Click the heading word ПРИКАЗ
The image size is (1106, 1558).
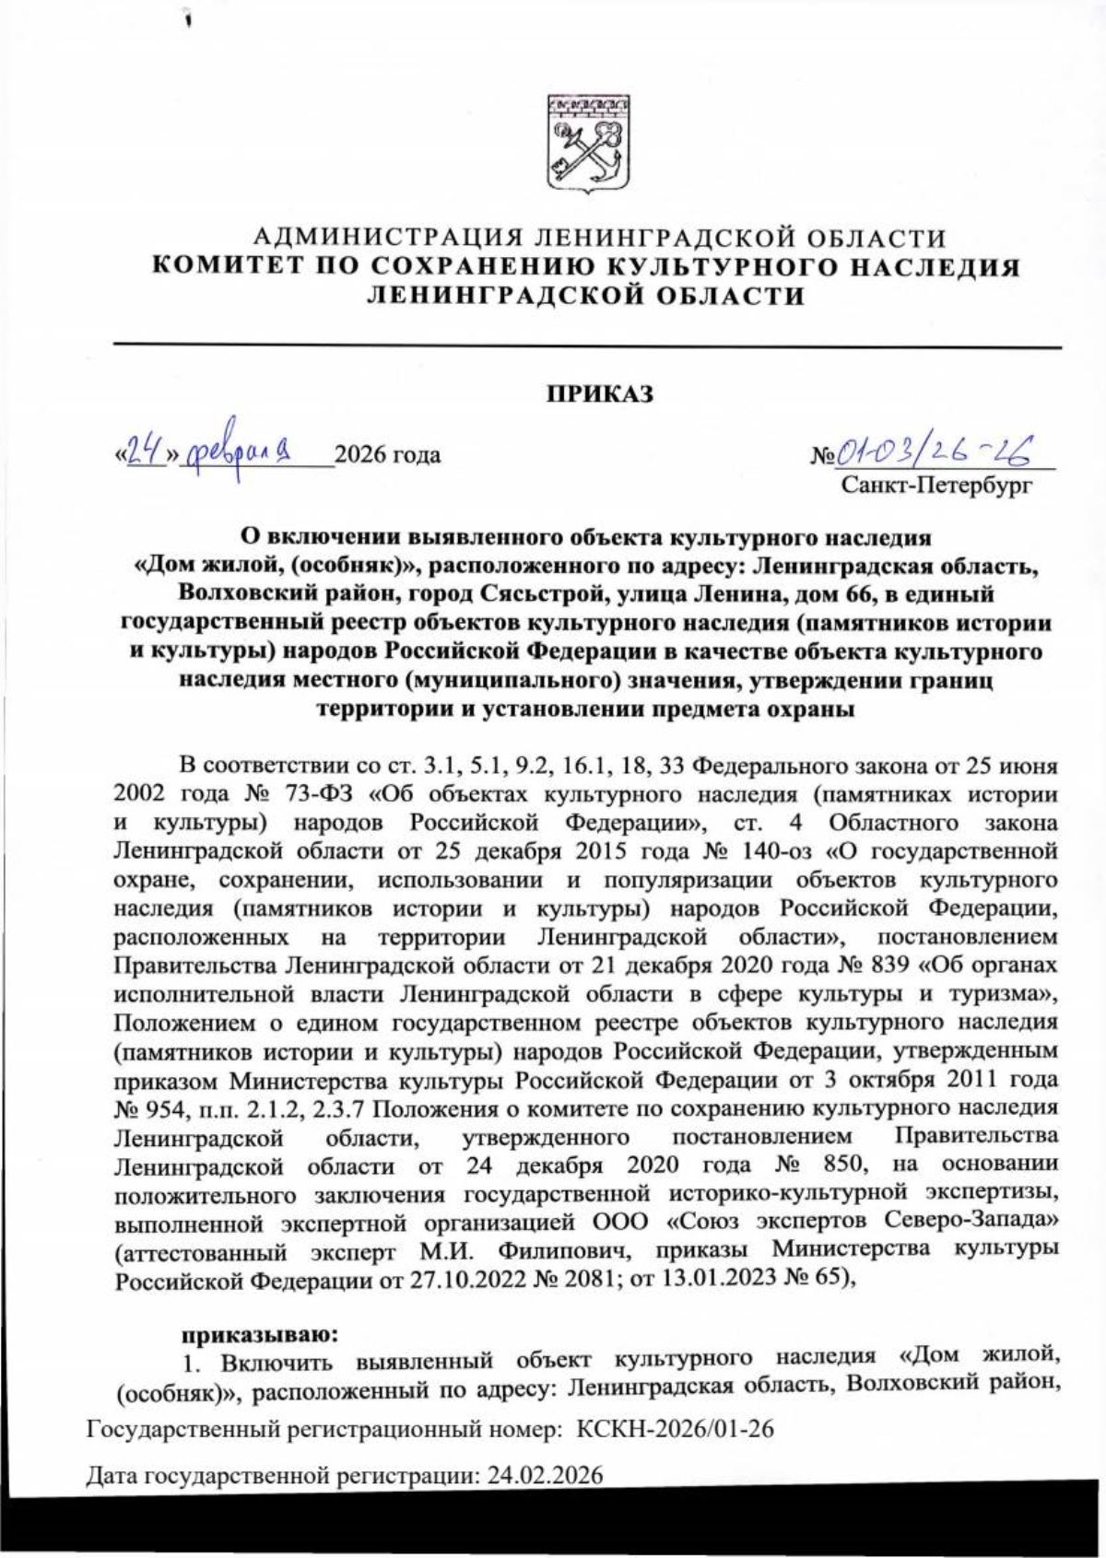(600, 395)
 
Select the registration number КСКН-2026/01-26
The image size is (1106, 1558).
(674, 1429)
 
